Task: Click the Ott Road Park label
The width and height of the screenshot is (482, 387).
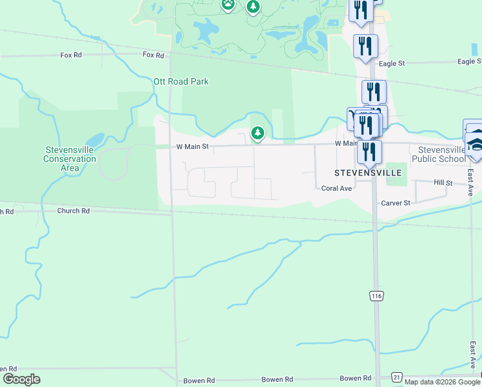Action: (180, 82)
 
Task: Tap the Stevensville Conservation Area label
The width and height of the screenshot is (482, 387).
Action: (70, 159)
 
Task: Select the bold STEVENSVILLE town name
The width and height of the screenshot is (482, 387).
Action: (368, 173)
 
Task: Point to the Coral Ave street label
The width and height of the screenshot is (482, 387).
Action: (336, 188)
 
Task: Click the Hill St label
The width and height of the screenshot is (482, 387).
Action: (443, 183)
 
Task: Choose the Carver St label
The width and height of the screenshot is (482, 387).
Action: (396, 203)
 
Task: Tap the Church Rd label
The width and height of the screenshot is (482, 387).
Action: (73, 211)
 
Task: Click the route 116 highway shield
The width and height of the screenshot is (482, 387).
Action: (376, 295)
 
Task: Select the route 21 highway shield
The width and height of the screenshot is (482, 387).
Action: (397, 377)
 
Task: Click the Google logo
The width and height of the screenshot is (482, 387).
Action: (21, 379)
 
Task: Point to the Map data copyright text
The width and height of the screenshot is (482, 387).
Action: (443, 382)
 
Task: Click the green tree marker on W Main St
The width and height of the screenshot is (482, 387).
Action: (258, 133)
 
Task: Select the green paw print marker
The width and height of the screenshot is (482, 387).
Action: (228, 4)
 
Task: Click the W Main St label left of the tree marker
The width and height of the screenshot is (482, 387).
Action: (193, 146)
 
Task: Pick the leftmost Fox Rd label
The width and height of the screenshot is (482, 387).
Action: (71, 55)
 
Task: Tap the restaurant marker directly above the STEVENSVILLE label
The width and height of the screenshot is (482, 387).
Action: (369, 152)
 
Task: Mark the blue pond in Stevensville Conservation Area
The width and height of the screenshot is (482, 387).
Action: (94, 139)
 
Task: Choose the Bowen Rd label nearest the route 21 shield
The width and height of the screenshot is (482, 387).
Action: (356, 378)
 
